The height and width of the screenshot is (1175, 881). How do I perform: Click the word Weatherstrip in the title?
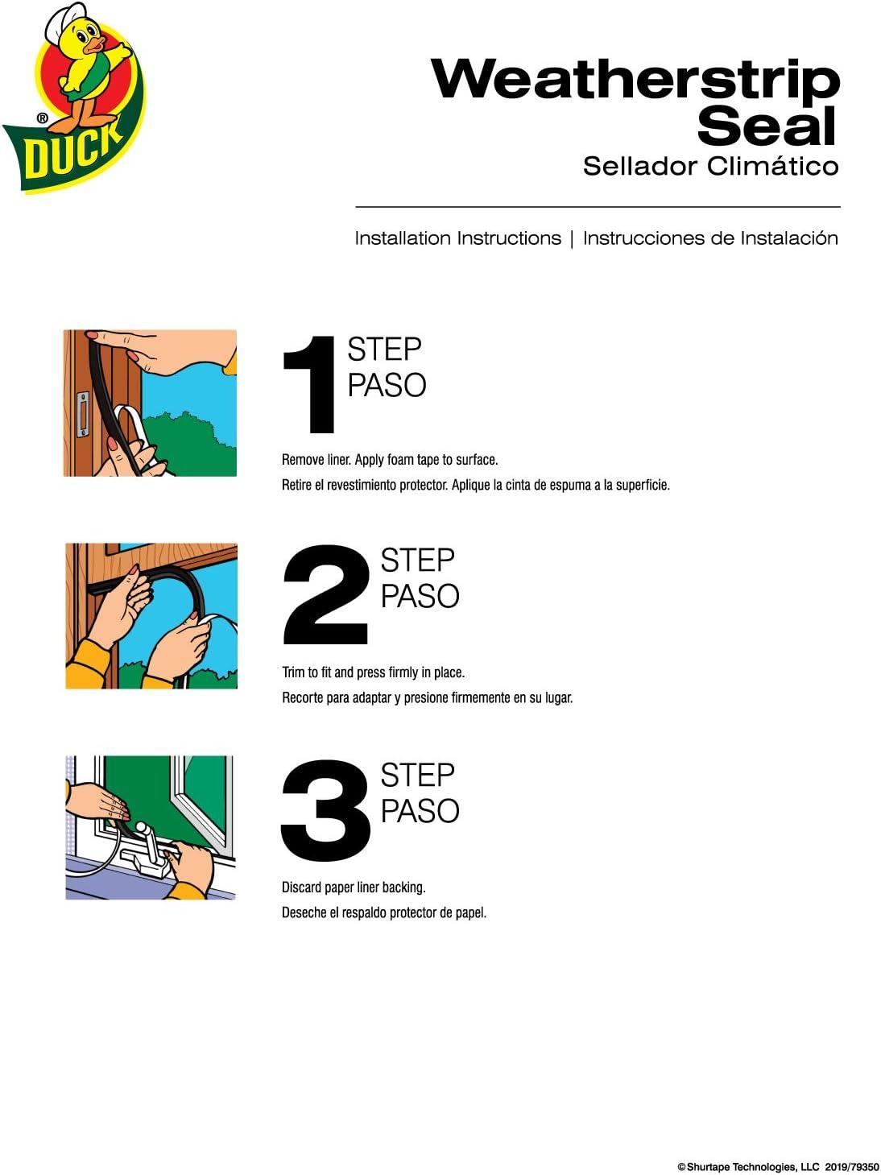(x=635, y=81)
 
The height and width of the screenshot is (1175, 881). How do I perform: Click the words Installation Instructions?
(x=457, y=238)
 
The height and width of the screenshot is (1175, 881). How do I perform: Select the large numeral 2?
(x=325, y=594)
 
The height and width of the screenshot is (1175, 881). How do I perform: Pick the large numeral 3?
(x=325, y=810)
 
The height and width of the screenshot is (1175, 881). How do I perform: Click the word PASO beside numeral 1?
(x=387, y=386)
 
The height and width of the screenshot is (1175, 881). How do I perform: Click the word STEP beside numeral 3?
(x=417, y=776)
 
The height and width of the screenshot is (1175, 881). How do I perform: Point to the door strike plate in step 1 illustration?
(x=82, y=414)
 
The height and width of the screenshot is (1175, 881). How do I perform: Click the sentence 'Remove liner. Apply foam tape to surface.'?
(x=390, y=460)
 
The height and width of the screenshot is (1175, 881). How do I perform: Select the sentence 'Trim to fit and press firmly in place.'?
(x=373, y=672)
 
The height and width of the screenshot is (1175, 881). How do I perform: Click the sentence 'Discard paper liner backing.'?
(x=354, y=887)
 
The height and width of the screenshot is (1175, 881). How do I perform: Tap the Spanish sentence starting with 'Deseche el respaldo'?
(x=384, y=913)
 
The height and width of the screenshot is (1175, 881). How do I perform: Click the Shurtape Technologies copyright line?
(x=778, y=1163)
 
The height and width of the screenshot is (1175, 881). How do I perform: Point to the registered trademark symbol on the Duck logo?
(x=42, y=118)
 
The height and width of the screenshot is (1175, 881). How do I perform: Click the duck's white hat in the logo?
(x=64, y=20)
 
